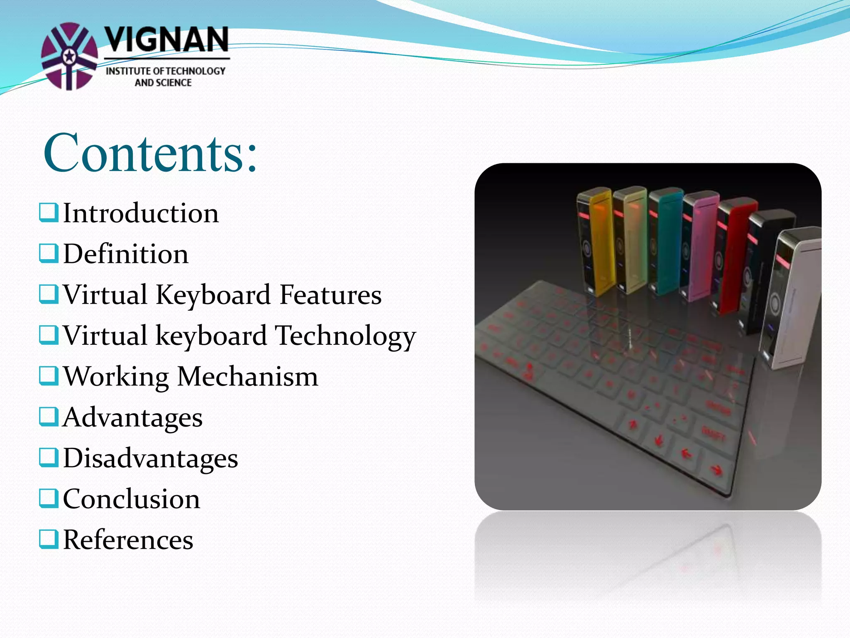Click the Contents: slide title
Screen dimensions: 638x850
tap(150, 153)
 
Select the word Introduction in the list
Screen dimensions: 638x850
tap(141, 213)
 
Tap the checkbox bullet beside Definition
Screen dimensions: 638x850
tap(49, 253)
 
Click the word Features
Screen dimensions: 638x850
tap(330, 295)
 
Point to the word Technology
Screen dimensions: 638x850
tap(345, 336)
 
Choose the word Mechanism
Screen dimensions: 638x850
tap(248, 377)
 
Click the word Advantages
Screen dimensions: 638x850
tap(133, 417)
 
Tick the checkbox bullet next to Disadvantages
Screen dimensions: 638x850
tap(49, 457)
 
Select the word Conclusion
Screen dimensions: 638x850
tap(132, 499)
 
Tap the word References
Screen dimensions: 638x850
tap(128, 540)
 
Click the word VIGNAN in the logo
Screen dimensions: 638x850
tap(166, 40)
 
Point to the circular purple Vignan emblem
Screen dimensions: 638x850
tap(69, 56)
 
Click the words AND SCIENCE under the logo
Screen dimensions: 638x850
tap(163, 83)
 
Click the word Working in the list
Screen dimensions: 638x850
tap(116, 377)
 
